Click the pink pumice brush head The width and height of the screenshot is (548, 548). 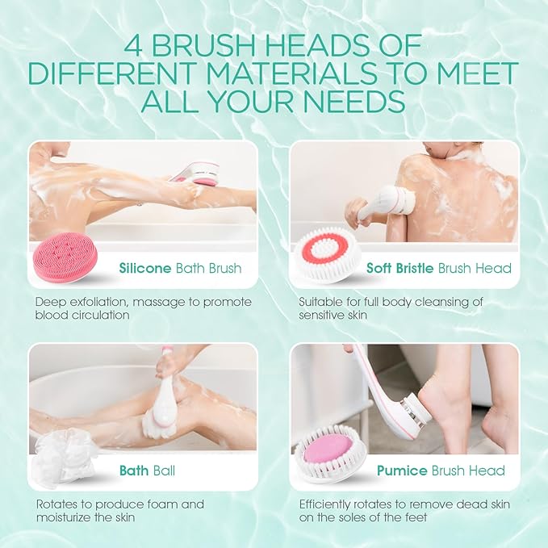[x=326, y=453]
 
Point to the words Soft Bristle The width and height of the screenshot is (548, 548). [x=400, y=268]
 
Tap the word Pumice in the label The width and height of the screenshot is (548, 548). [x=401, y=471]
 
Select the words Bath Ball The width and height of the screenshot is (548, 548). [x=147, y=471]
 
